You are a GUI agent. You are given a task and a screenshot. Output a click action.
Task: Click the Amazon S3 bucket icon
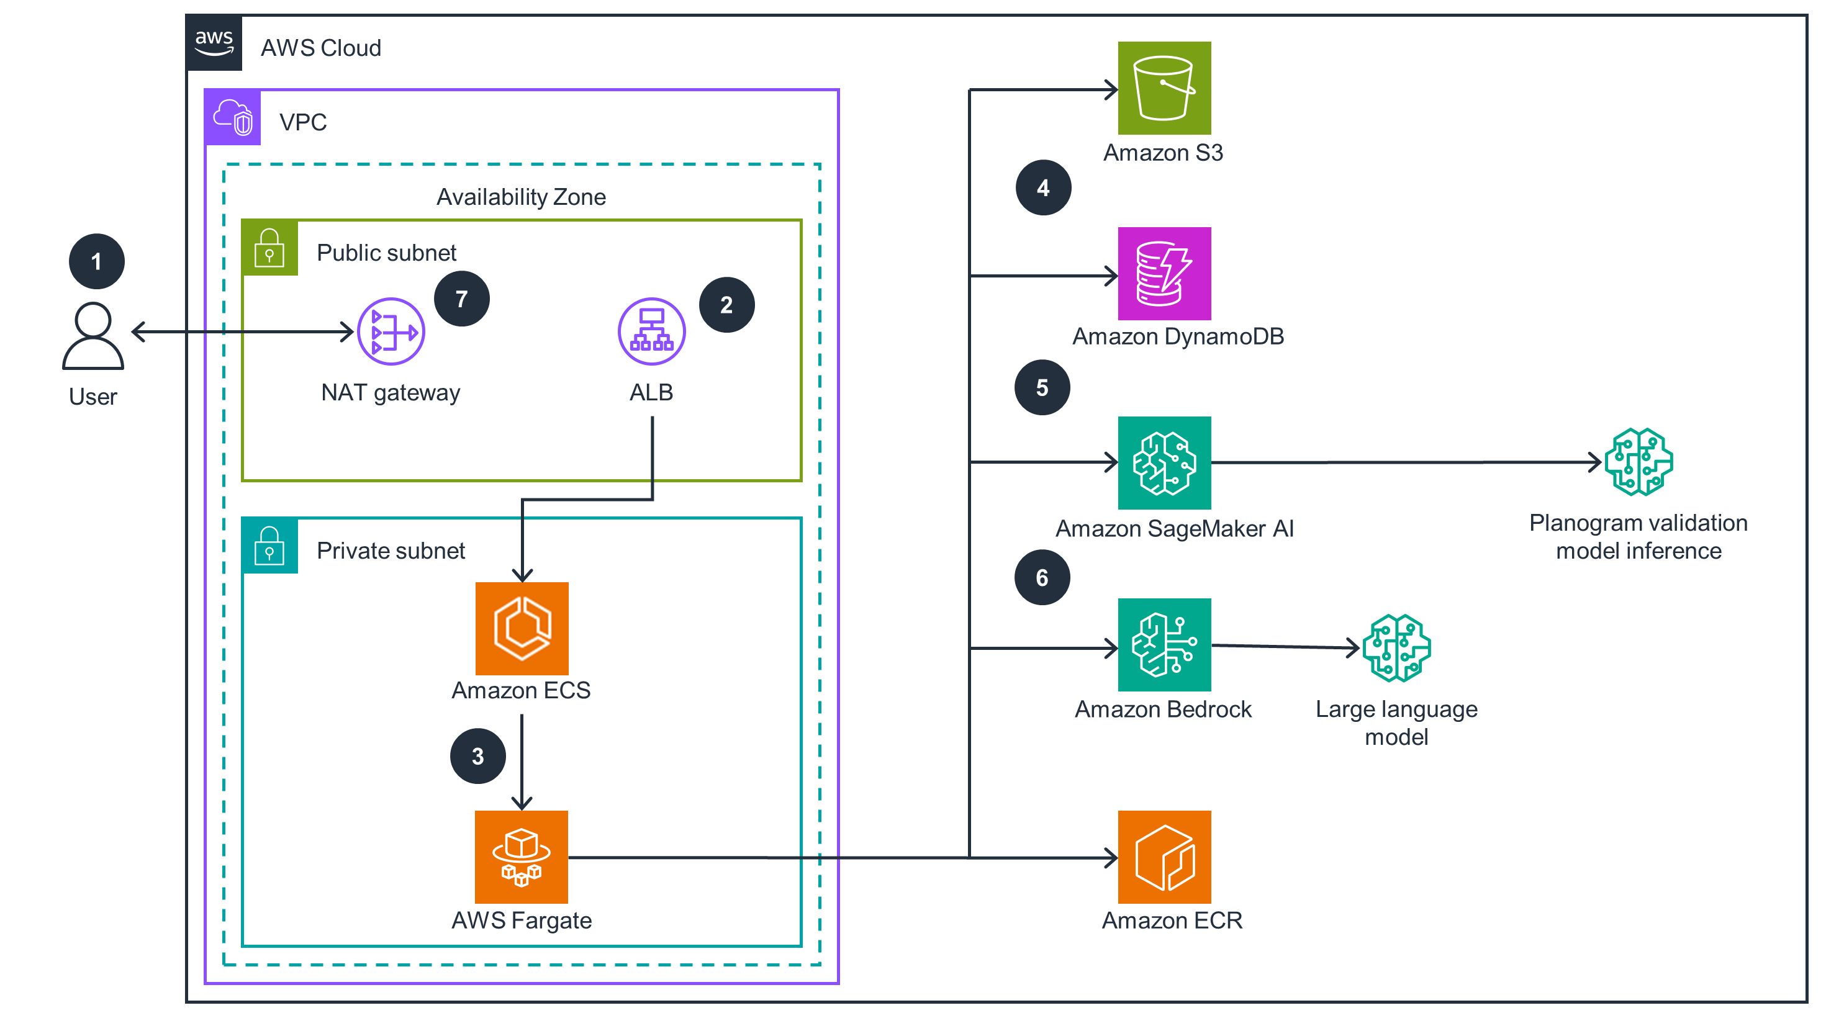[1164, 88]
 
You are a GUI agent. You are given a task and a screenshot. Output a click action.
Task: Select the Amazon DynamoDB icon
[1164, 274]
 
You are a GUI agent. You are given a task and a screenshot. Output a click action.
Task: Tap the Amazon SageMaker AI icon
[1164, 462]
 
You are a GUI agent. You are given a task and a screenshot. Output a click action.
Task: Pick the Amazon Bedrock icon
[1164, 645]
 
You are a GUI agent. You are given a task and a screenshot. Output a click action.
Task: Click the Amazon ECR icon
[1164, 857]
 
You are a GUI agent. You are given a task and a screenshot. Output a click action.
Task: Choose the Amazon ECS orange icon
[522, 629]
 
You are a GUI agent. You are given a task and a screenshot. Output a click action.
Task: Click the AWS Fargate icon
[522, 857]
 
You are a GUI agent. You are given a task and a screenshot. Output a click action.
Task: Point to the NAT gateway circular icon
[391, 331]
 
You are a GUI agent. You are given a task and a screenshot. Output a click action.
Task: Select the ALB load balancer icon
[651, 331]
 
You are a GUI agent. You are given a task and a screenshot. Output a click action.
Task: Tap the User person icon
[93, 336]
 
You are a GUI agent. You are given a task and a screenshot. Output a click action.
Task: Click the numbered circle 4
[1042, 188]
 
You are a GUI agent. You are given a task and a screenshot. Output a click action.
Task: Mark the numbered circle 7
[461, 299]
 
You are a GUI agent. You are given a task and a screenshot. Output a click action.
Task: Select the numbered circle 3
[478, 756]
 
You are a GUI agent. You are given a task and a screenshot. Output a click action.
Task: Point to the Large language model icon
[1396, 647]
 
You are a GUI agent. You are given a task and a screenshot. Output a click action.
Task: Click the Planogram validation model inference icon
[1638, 462]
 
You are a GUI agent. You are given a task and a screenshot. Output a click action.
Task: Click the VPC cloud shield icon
[232, 118]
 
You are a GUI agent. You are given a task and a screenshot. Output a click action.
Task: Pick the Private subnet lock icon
[269, 546]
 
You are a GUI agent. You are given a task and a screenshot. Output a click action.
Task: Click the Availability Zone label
[521, 197]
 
